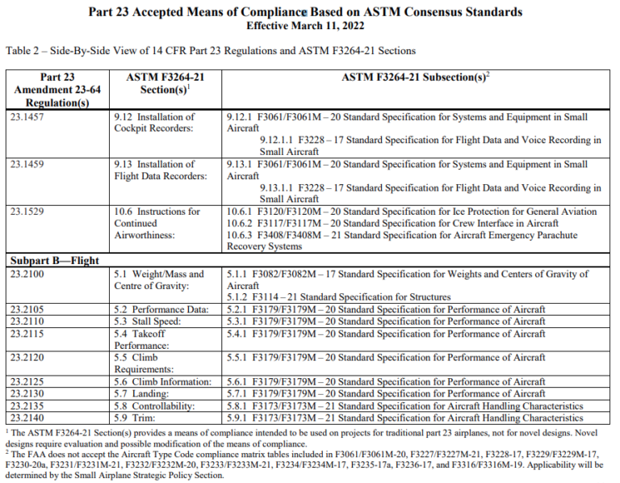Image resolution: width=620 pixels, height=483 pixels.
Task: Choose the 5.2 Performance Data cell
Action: tap(161, 310)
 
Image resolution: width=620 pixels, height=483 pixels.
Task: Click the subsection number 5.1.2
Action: tap(241, 297)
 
